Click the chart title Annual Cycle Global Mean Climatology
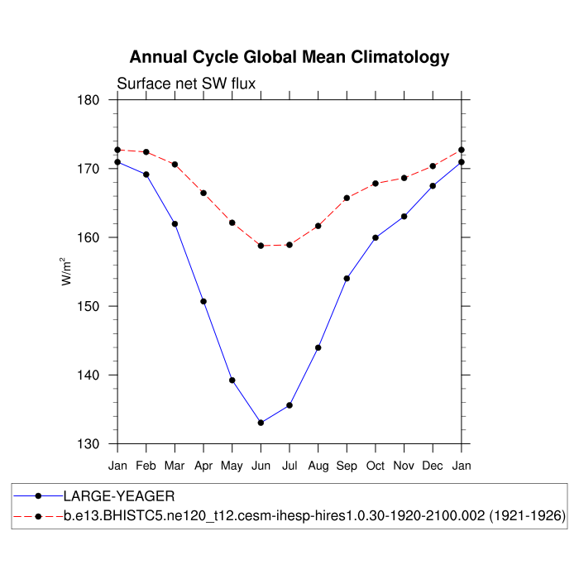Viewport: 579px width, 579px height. pos(289,57)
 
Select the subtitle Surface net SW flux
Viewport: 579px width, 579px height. pos(186,84)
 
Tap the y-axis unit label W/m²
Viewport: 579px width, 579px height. pos(66,271)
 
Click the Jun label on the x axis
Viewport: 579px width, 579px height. pos(261,467)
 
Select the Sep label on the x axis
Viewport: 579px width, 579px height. pos(347,467)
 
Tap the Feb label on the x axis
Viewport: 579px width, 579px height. pos(146,467)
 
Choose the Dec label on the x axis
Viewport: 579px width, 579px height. pos(433,467)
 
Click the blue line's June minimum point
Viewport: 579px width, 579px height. pos(261,423)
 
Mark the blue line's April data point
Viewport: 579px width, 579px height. pos(203,301)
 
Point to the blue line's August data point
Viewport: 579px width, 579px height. pos(318,347)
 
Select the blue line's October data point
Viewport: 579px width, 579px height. pos(376,237)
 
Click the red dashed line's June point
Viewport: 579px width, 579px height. pos(261,246)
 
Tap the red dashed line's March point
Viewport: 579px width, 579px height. pos(175,165)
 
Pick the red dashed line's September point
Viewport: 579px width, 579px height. pos(347,198)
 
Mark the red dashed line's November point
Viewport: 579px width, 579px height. pos(404,178)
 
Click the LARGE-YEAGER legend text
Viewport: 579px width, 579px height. pos(119,496)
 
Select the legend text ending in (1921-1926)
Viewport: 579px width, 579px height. pos(314,516)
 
